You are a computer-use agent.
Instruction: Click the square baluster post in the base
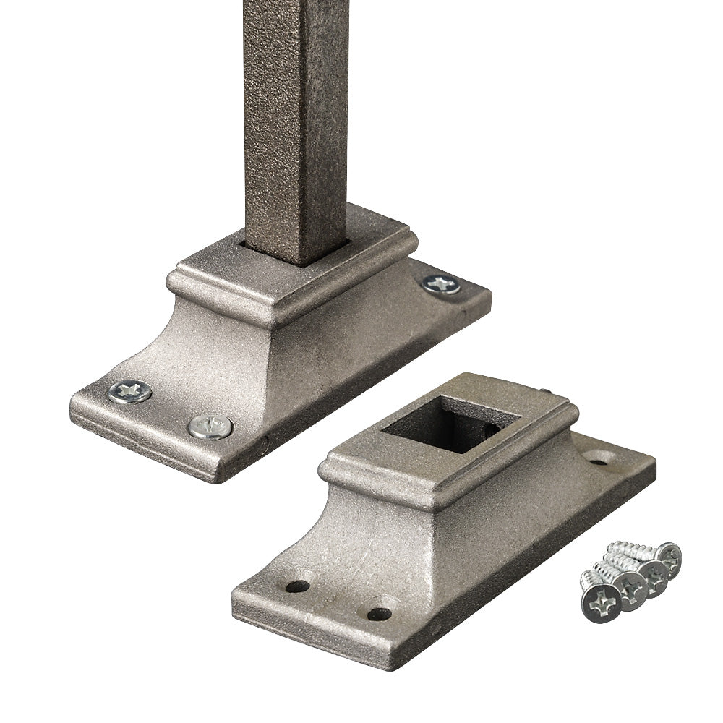point(295,130)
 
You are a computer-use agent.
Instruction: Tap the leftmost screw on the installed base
point(130,392)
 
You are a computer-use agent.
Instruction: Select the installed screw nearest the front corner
point(210,427)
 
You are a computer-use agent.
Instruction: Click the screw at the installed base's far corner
point(441,284)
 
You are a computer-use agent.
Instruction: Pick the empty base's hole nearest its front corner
point(379,614)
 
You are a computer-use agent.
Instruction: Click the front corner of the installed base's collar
point(281,315)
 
